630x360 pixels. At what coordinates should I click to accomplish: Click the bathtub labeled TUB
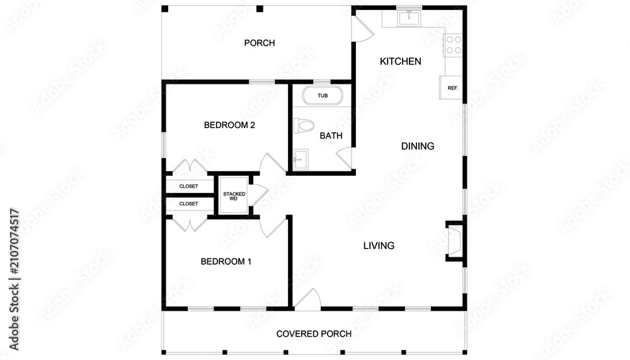pyautogui.click(x=323, y=96)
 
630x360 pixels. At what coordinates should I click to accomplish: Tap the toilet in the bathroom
pyautogui.click(x=304, y=125)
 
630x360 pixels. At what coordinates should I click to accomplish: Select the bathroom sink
pyautogui.click(x=300, y=160)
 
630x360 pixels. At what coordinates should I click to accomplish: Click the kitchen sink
pyautogui.click(x=409, y=18)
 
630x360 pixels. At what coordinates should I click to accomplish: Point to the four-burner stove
pyautogui.click(x=453, y=45)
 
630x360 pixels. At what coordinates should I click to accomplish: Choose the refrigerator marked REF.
pyautogui.click(x=451, y=87)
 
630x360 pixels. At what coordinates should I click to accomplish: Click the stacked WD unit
pyautogui.click(x=234, y=195)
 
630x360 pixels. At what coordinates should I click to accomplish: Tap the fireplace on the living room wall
pyautogui.click(x=455, y=241)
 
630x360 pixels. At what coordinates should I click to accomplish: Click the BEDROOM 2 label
pyautogui.click(x=229, y=125)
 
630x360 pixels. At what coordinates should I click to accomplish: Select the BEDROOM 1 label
pyautogui.click(x=226, y=262)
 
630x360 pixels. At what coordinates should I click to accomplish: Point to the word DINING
pyautogui.click(x=418, y=146)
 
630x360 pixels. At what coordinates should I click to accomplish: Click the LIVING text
pyautogui.click(x=379, y=245)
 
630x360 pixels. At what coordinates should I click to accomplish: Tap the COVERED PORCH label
pyautogui.click(x=314, y=334)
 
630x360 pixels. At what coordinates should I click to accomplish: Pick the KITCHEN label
pyautogui.click(x=401, y=61)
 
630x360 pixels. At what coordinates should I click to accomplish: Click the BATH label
pyautogui.click(x=331, y=136)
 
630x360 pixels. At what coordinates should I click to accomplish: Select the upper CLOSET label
pyautogui.click(x=188, y=186)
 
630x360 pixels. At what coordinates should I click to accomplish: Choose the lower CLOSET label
pyautogui.click(x=188, y=204)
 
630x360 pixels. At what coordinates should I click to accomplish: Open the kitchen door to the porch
pyautogui.click(x=363, y=29)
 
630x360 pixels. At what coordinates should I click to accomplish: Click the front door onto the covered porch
pyautogui.click(x=308, y=299)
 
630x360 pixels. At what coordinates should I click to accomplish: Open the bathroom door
pyautogui.click(x=345, y=158)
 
